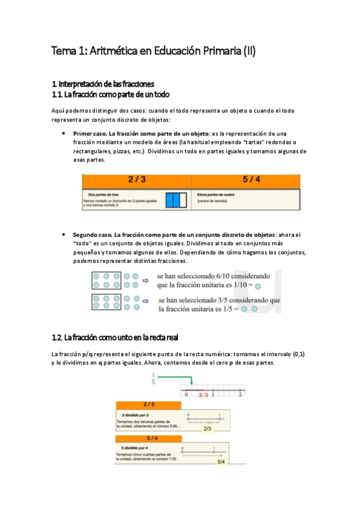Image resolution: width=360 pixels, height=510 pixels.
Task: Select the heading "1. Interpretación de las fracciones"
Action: pyautogui.click(x=103, y=84)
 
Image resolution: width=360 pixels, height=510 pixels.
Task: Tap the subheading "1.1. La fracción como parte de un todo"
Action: pyautogui.click(x=111, y=94)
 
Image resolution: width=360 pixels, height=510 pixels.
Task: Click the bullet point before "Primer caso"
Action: pyautogui.click(x=64, y=133)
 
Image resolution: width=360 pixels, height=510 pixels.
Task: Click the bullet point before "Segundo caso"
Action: pyautogui.click(x=64, y=234)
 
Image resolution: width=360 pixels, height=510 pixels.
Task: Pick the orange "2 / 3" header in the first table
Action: pyautogui.click(x=136, y=179)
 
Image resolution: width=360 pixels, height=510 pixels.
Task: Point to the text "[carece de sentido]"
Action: pyautogui.click(x=215, y=200)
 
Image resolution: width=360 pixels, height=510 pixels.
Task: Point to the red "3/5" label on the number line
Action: pyautogui.click(x=204, y=395)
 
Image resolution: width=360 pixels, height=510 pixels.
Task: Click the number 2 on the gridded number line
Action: pyautogui.click(x=240, y=395)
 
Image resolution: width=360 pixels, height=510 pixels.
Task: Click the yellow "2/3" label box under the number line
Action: pyautogui.click(x=208, y=428)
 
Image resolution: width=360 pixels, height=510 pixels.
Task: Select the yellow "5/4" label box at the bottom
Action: pyautogui.click(x=220, y=461)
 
